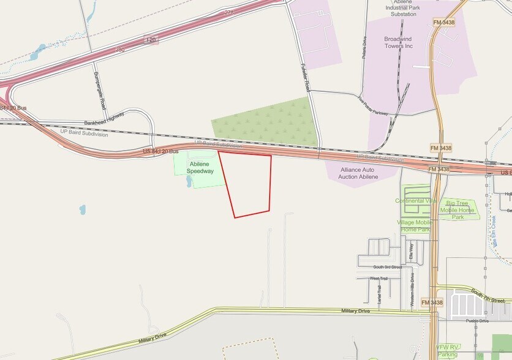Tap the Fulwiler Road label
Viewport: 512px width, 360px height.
306,78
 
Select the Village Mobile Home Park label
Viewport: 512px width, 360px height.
415,225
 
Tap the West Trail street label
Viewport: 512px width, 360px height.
378,279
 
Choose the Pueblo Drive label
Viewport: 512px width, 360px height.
477,320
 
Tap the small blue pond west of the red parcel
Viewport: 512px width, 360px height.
82,209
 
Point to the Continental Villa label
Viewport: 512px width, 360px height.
416,200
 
